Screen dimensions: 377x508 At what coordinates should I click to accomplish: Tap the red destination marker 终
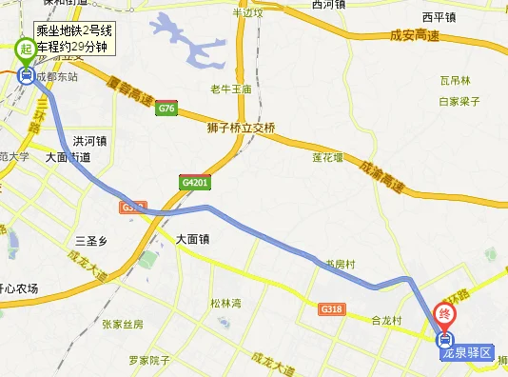[444, 314]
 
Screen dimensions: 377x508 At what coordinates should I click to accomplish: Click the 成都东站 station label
[55, 79]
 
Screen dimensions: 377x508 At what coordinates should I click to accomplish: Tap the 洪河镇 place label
[89, 141]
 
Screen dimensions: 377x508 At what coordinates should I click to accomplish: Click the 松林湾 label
[225, 302]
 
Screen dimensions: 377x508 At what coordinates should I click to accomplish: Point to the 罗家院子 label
[148, 361]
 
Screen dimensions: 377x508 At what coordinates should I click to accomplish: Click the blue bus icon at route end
[444, 339]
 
